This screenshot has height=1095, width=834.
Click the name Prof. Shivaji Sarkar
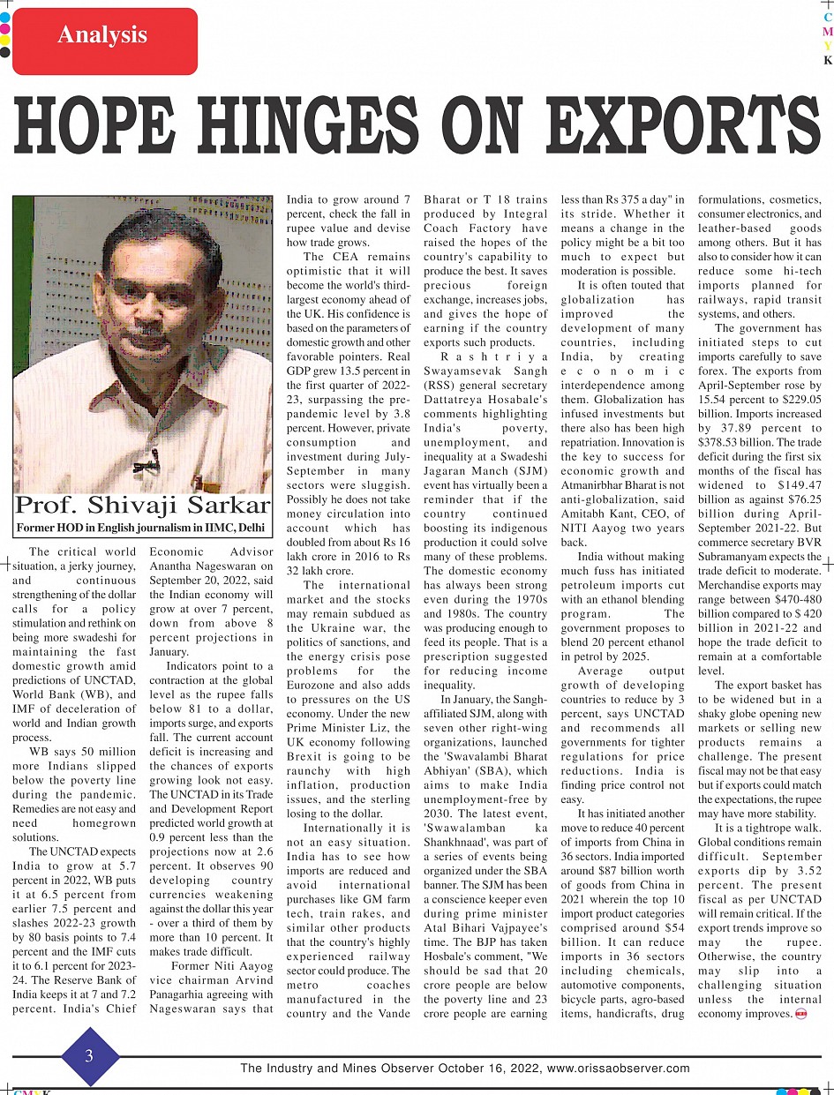tap(142, 506)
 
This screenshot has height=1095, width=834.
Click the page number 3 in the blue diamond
tap(89, 1055)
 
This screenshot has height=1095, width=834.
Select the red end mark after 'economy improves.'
tap(801, 1014)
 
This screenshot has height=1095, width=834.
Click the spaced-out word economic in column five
tap(622, 371)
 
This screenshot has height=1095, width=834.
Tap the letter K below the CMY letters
tap(828, 61)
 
